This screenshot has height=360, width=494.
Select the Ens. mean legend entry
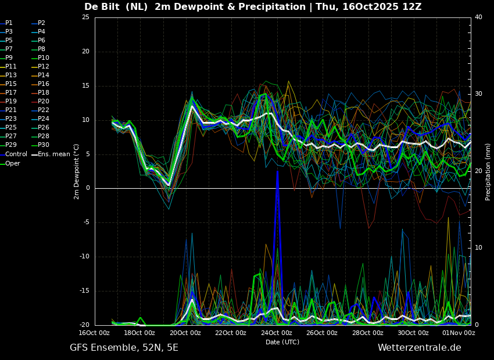pos(51,154)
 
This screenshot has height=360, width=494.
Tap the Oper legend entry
pos(10,163)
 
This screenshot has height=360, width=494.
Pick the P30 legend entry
pos(41,145)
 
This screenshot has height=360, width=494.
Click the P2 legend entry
pos(39,23)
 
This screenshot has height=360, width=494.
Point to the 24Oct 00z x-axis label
pos(276,333)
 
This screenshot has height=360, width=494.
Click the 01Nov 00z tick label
pos(459,333)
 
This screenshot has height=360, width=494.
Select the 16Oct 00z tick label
pos(94,333)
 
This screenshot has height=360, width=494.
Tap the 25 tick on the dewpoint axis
pos(85,17)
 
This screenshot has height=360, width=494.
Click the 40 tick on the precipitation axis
pos(478,17)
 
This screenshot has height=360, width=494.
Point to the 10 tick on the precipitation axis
pos(478,248)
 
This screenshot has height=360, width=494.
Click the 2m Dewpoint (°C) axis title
pos(76,172)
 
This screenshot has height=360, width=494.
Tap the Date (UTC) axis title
pos(282,342)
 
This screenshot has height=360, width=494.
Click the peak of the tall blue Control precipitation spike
pos(278,171)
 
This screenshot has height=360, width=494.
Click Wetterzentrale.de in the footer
pos(420,348)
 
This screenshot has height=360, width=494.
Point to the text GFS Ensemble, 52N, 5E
pos(124,348)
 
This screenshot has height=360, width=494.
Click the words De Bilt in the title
pos(102,7)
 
